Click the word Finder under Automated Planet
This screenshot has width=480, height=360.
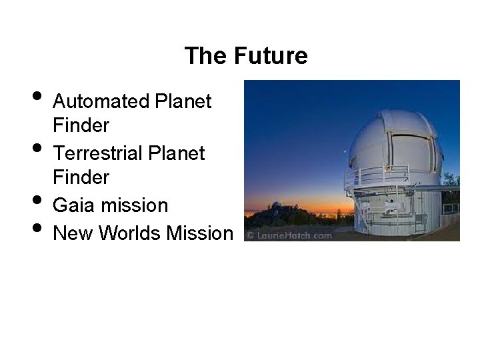(81, 125)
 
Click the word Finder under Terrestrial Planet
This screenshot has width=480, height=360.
(81, 177)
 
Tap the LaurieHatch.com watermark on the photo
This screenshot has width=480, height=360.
(289, 235)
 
